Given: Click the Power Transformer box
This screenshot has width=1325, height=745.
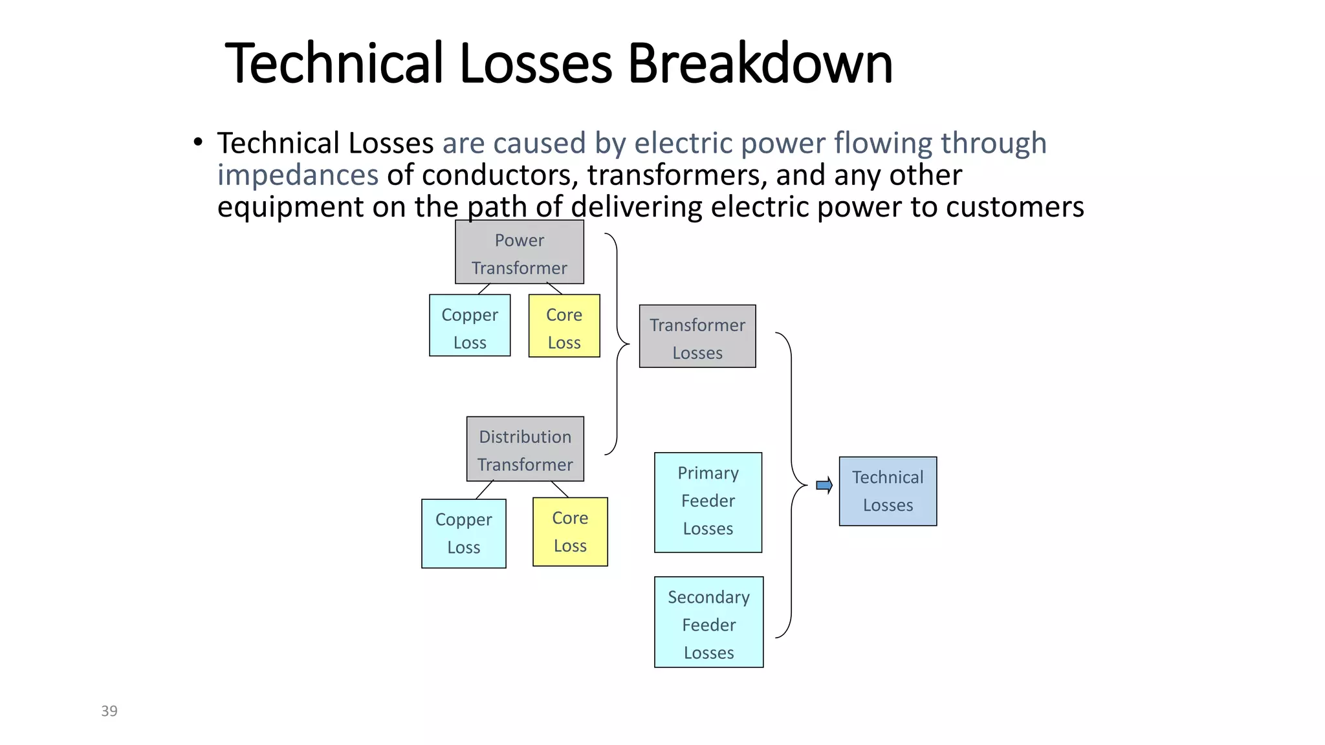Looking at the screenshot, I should point(519,252).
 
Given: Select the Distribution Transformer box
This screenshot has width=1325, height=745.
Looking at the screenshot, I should point(525,449).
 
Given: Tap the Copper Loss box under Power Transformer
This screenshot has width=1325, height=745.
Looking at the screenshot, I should point(470,325).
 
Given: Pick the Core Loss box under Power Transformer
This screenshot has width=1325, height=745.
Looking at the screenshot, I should point(564,326).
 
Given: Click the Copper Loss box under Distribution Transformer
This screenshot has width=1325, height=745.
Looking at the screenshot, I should point(463,534).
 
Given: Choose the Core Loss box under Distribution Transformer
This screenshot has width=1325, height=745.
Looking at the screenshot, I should point(570,532).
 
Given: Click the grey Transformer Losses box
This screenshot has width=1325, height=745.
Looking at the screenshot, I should point(697,336).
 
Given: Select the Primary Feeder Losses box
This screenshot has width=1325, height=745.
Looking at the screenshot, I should point(708,502).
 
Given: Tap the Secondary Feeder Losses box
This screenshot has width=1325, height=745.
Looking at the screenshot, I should point(708,622).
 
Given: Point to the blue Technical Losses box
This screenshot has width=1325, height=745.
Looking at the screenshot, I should point(888,491).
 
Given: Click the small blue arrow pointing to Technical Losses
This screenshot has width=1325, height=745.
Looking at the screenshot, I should point(824,485).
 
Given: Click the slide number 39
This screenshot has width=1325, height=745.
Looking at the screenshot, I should point(109,711).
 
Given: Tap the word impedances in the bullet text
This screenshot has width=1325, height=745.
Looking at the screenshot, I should point(298,175).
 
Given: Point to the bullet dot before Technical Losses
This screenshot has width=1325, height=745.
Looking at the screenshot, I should point(198,142).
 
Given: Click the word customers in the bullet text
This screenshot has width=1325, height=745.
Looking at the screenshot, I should point(1014,207).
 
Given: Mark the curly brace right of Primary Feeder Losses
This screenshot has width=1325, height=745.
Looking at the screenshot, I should point(791,485).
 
